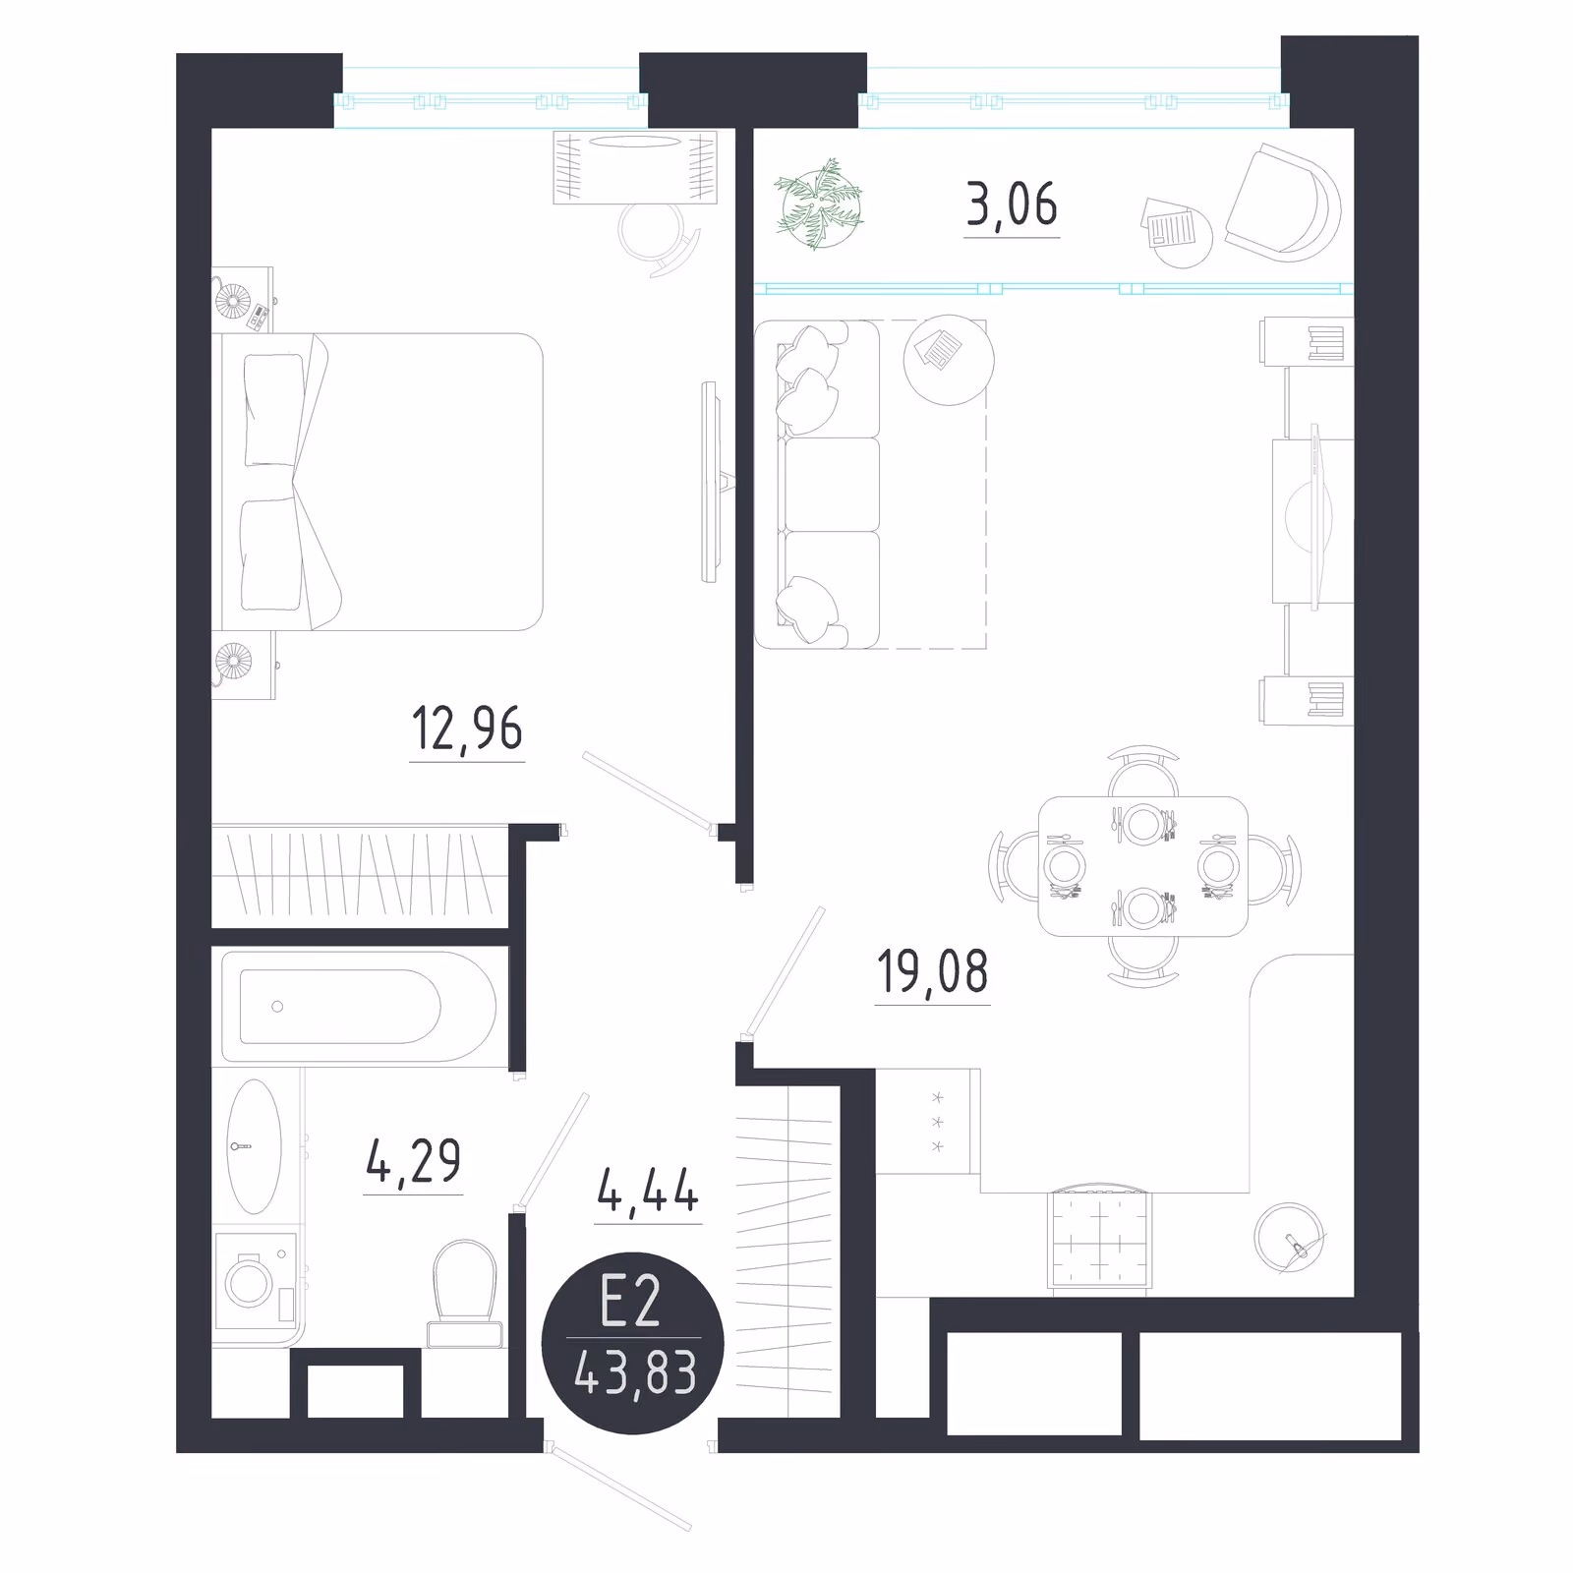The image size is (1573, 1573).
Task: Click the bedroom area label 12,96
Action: coord(467,729)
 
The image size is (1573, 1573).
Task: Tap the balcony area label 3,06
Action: coord(1012,205)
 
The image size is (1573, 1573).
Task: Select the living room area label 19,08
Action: coord(932,971)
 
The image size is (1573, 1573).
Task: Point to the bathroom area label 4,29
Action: coord(413,1161)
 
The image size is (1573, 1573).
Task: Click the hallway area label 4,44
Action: coord(648,1191)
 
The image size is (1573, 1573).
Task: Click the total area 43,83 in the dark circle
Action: coord(635,1372)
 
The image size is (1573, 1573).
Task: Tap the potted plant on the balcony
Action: coord(819,204)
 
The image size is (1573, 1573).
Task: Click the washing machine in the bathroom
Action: coord(256,1280)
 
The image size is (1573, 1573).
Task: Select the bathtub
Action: coord(359,1006)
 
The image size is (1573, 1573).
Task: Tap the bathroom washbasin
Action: coord(254,1146)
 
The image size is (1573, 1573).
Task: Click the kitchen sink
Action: coord(1290,1239)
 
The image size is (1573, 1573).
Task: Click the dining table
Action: coord(1143,866)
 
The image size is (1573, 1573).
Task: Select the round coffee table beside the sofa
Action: coord(949,359)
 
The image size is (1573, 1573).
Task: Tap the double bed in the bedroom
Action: coord(379,482)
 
